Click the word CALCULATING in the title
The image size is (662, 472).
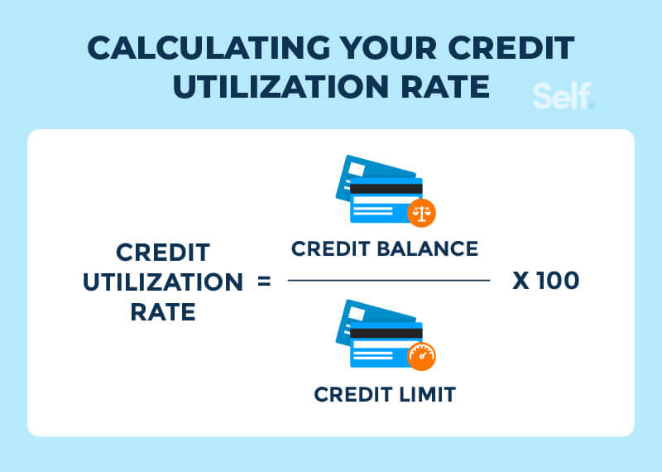[209, 47]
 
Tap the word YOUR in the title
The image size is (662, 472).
[389, 47]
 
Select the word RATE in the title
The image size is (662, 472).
[445, 87]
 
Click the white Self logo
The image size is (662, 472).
[563, 96]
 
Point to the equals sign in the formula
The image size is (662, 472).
[264, 281]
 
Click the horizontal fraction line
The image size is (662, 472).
[389, 280]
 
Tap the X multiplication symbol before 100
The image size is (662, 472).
[521, 281]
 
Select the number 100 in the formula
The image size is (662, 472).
[558, 281]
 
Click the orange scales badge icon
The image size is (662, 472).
[421, 213]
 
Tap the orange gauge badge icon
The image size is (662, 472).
[421, 357]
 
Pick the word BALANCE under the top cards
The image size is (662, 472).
[427, 248]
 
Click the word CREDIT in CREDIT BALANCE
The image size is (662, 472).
[330, 248]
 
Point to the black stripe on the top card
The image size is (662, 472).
[386, 189]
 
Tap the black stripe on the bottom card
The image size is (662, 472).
[386, 334]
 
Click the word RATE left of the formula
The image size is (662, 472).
[163, 312]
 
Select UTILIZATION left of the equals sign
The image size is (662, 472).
[163, 282]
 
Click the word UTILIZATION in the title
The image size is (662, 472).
[281, 87]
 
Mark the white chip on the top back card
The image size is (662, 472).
[357, 169]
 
